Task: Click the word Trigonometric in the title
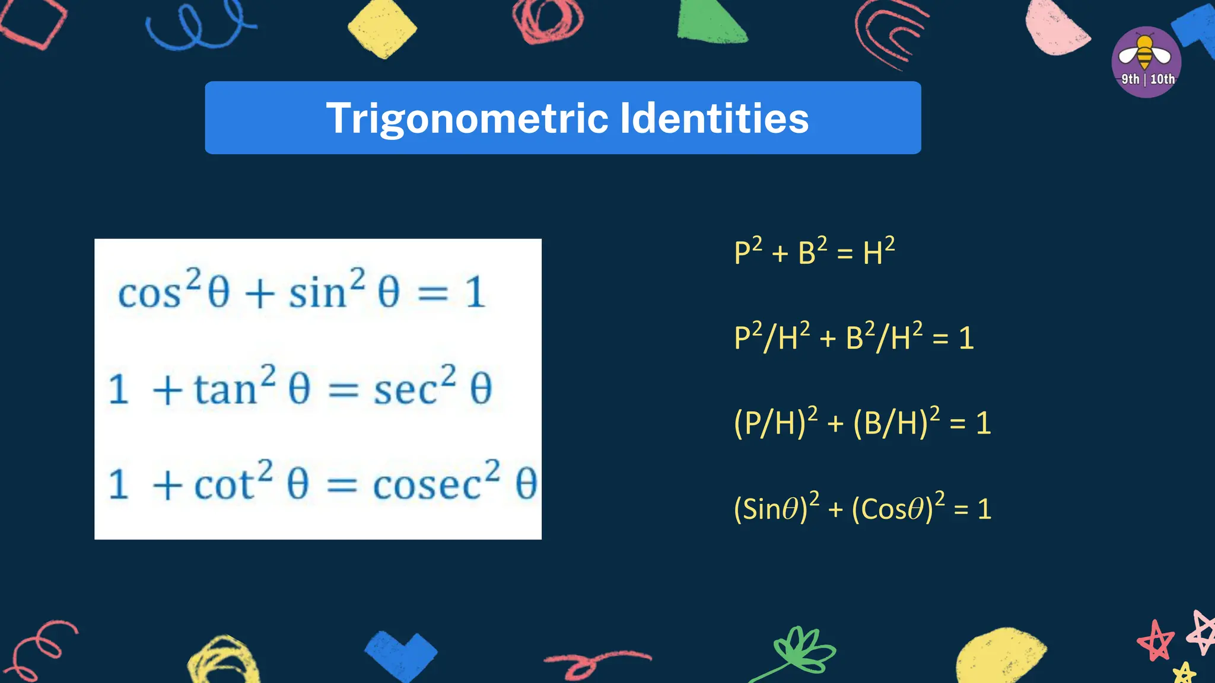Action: pos(467,119)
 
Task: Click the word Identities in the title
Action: pos(714,119)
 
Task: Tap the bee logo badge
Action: pos(1146,62)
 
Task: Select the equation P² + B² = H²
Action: pos(814,252)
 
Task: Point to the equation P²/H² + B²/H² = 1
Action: pos(854,337)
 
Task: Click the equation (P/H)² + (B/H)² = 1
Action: pos(862,423)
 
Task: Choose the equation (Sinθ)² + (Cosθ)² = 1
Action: pos(862,508)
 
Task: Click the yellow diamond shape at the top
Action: pos(382,28)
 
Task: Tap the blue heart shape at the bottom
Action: pos(401,655)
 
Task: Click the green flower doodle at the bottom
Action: pos(801,651)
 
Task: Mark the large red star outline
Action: pos(1155,640)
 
